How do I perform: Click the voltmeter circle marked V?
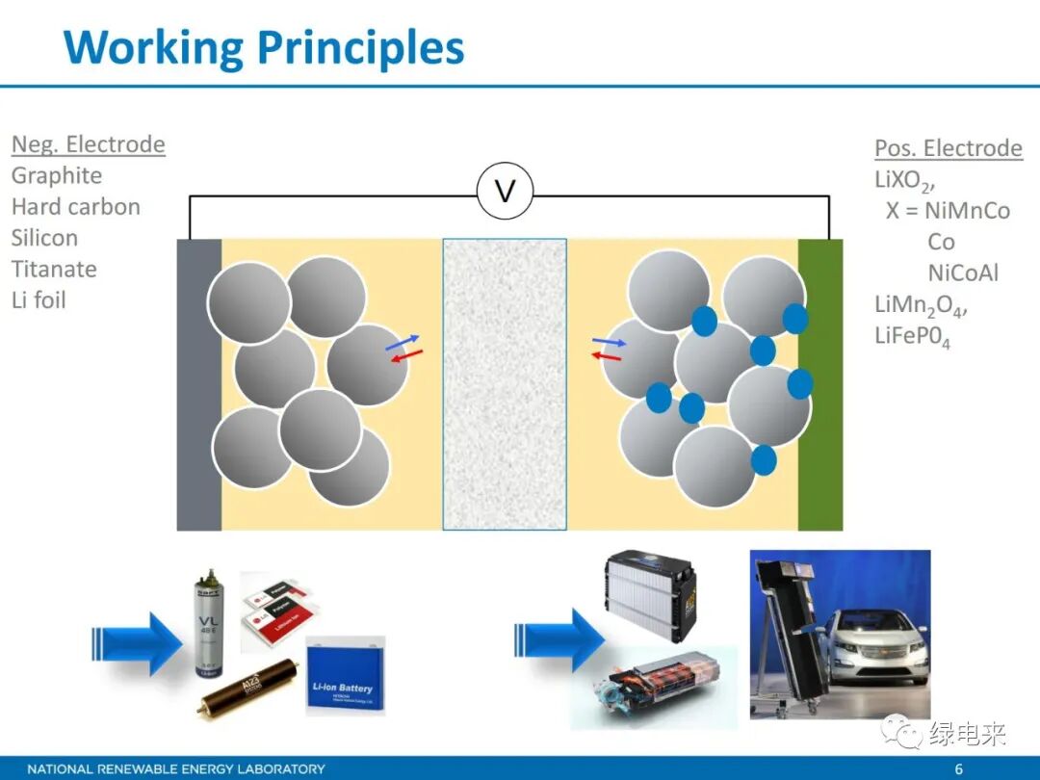coord(505,192)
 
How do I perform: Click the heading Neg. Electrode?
coord(89,144)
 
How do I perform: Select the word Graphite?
coord(57,176)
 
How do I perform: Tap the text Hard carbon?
coord(76,207)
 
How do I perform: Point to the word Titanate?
coord(54,269)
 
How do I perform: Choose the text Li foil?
coord(39,299)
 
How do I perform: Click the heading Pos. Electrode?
coord(949,148)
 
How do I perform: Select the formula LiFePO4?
coord(912,337)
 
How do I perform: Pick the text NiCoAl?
coord(963,273)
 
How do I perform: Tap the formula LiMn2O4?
coord(920,305)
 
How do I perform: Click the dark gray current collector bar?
coord(199,384)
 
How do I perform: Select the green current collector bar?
coord(819,384)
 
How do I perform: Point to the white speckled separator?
coord(505,384)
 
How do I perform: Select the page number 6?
coord(958,769)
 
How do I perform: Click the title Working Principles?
coord(264,47)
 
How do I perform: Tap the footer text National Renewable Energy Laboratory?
coord(176,769)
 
